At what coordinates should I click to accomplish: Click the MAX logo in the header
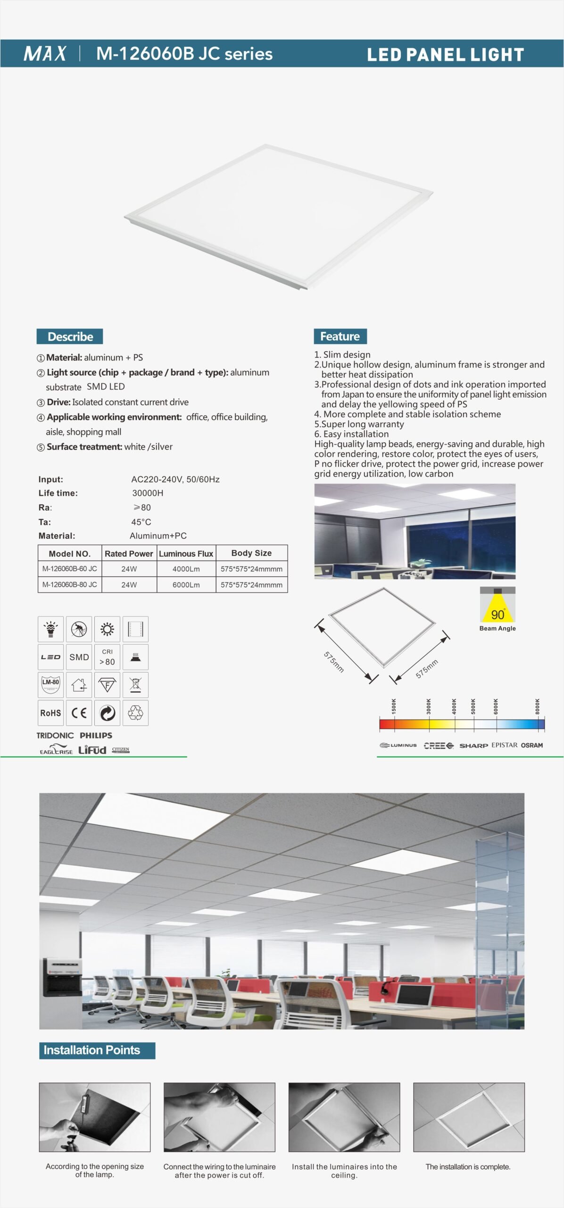45,53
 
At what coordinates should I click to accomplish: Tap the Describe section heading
70,336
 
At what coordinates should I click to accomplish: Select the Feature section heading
340,336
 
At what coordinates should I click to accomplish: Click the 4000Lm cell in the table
186,569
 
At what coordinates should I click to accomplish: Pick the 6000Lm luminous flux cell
186,585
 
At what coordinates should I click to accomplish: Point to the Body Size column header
251,553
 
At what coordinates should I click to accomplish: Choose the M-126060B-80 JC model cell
70,585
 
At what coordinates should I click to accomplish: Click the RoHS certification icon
50,713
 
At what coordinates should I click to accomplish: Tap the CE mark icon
79,713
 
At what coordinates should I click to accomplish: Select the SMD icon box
79,657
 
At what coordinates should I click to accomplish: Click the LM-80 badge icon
50,685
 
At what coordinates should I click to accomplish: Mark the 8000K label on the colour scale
538,706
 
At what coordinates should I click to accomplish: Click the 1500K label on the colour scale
394,706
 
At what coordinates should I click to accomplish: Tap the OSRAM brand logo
531,746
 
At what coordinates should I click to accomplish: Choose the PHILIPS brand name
96,735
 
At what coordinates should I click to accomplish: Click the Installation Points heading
92,1050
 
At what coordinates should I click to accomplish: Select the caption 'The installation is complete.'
468,1166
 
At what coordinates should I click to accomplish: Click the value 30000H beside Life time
148,493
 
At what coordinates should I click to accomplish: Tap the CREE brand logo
438,746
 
